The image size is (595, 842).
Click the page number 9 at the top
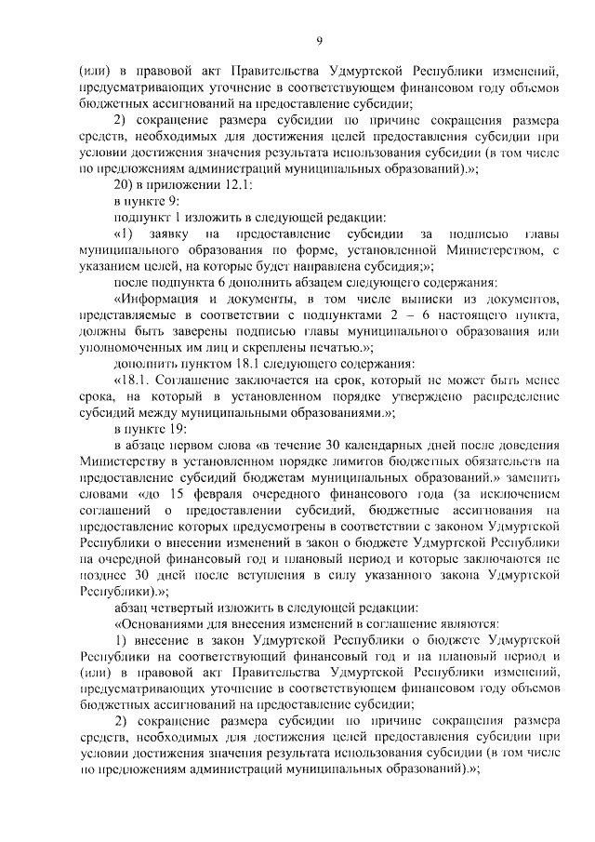pos(319,39)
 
